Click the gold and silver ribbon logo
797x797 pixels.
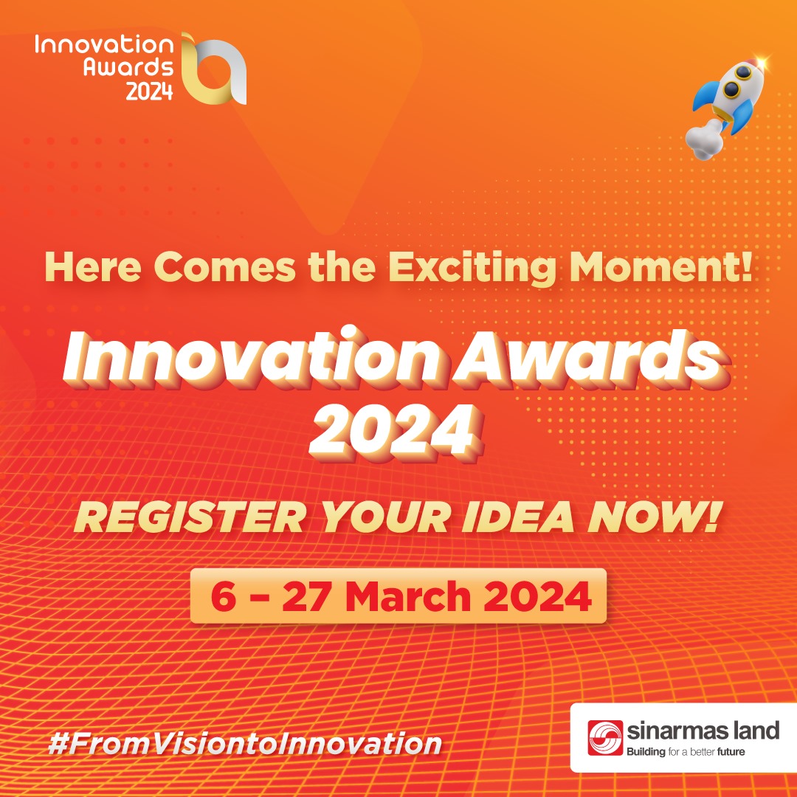coord(214,69)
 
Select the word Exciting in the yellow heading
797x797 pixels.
coord(472,267)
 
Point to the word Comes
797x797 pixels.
coord(224,267)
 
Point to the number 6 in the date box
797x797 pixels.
coord(224,596)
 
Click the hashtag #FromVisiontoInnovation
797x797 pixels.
coord(245,744)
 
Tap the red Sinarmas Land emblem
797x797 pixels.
coord(605,737)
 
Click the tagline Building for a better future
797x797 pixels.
coord(686,752)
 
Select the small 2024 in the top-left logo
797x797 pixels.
coord(149,92)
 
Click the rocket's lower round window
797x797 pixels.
coord(731,90)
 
